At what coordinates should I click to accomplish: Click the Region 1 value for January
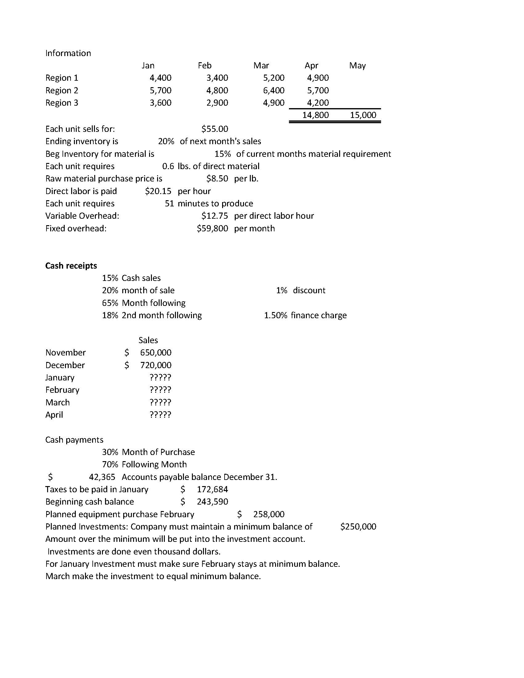(x=160, y=78)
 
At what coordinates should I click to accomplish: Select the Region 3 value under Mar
(x=274, y=103)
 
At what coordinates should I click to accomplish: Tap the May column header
(x=357, y=66)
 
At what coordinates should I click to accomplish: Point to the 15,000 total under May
(x=363, y=115)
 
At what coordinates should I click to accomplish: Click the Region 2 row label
(x=62, y=90)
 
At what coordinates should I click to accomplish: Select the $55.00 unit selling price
(x=214, y=129)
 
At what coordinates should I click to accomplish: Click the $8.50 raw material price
(x=217, y=178)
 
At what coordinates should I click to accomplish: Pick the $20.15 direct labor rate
(x=158, y=191)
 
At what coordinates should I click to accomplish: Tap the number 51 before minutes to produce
(x=169, y=204)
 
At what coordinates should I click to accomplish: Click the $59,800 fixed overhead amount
(x=212, y=229)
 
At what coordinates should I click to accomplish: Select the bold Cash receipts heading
(x=71, y=266)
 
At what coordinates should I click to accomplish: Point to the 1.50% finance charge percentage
(x=275, y=315)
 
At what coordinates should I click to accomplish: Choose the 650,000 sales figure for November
(x=156, y=353)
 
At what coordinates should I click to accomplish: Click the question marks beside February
(x=160, y=390)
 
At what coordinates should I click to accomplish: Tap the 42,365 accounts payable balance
(x=102, y=477)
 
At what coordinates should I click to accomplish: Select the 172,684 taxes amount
(x=212, y=489)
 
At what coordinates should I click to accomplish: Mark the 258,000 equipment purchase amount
(x=269, y=514)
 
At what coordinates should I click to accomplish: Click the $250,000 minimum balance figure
(x=358, y=527)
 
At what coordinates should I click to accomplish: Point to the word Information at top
(x=68, y=53)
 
